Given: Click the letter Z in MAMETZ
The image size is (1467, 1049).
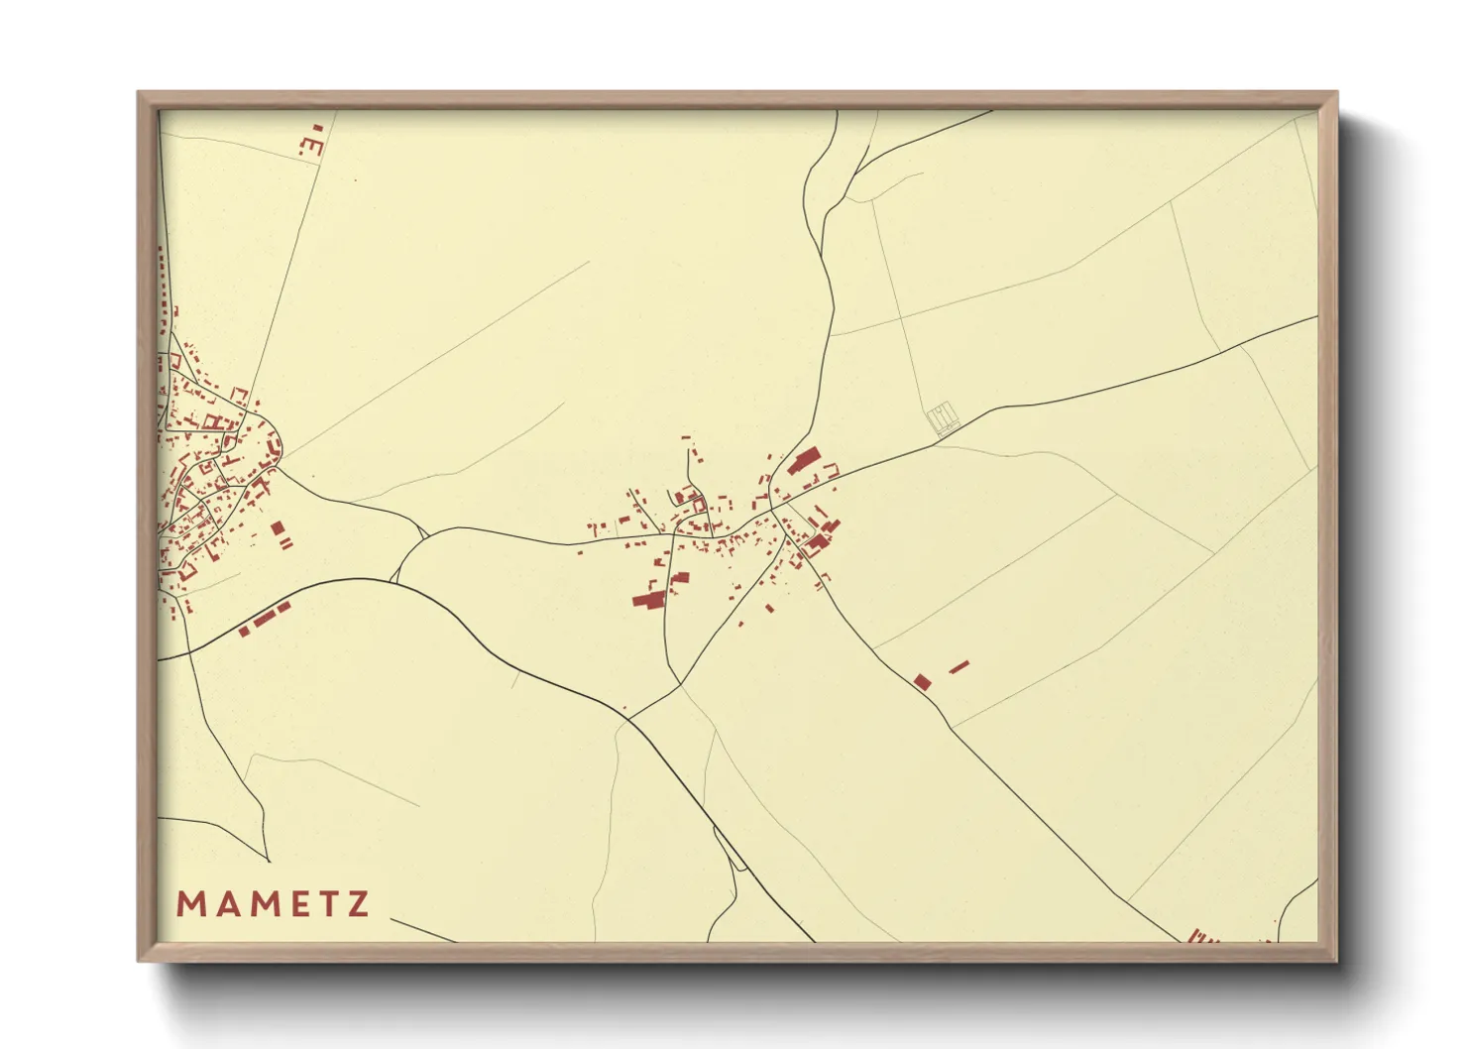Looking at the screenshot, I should point(358,904).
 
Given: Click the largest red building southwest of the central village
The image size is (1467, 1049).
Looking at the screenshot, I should point(648,599).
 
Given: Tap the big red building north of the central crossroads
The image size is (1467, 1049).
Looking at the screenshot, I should point(805,461).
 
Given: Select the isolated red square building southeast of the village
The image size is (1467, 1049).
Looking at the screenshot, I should point(922,681).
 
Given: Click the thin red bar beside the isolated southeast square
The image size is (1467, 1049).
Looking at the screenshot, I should point(958,667).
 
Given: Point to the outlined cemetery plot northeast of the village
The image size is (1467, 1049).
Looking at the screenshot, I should point(944,417).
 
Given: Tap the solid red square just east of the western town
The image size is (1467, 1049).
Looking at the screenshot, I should point(278,527).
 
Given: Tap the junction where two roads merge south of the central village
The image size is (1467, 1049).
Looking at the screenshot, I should point(681,683).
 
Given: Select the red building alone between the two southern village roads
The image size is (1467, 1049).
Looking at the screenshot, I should point(767,608).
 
